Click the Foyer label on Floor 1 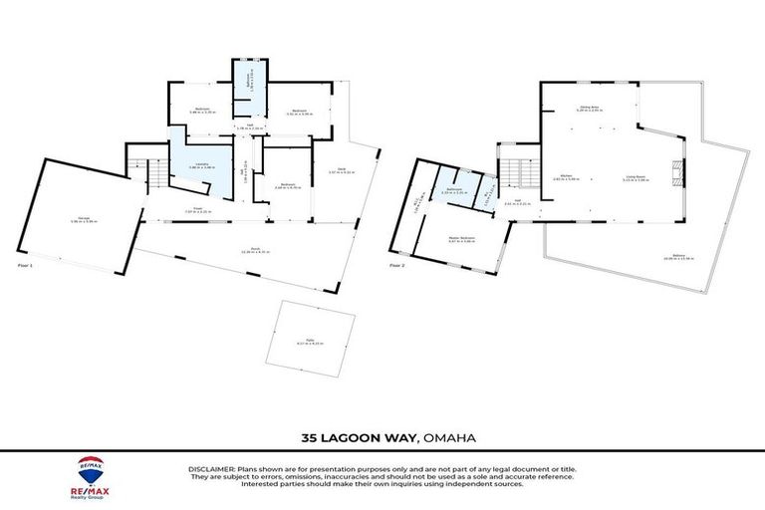pyautogui.click(x=201, y=209)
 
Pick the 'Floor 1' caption pyautogui.click(x=26, y=266)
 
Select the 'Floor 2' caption pyautogui.click(x=396, y=266)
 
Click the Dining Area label pyautogui.click(x=588, y=108)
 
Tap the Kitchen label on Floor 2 pyautogui.click(x=566, y=177)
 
